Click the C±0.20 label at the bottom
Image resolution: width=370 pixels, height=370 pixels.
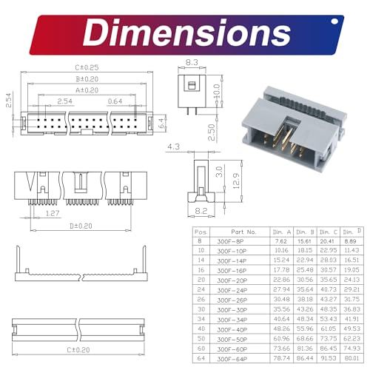click(x=84, y=349)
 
